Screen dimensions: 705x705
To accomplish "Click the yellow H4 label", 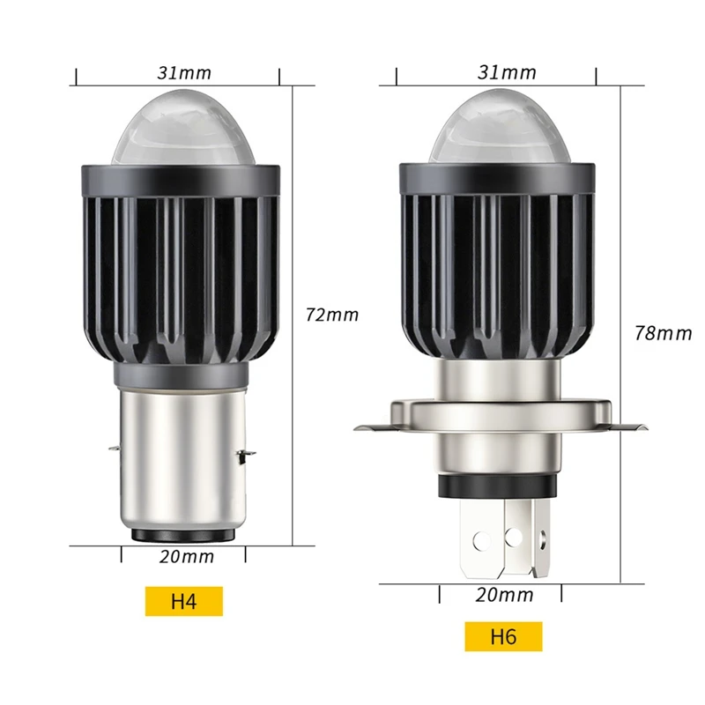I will click(183, 602).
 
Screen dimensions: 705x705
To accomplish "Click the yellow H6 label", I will click(503, 636).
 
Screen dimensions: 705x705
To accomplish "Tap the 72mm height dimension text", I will click(331, 315).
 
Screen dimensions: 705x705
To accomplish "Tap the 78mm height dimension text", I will click(663, 333).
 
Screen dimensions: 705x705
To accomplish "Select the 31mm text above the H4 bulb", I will click(184, 72).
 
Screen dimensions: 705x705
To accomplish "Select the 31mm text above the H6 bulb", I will click(507, 72).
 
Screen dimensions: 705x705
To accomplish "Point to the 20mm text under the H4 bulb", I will click(188, 556).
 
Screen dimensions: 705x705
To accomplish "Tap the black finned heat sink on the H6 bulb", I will click(500, 264).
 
